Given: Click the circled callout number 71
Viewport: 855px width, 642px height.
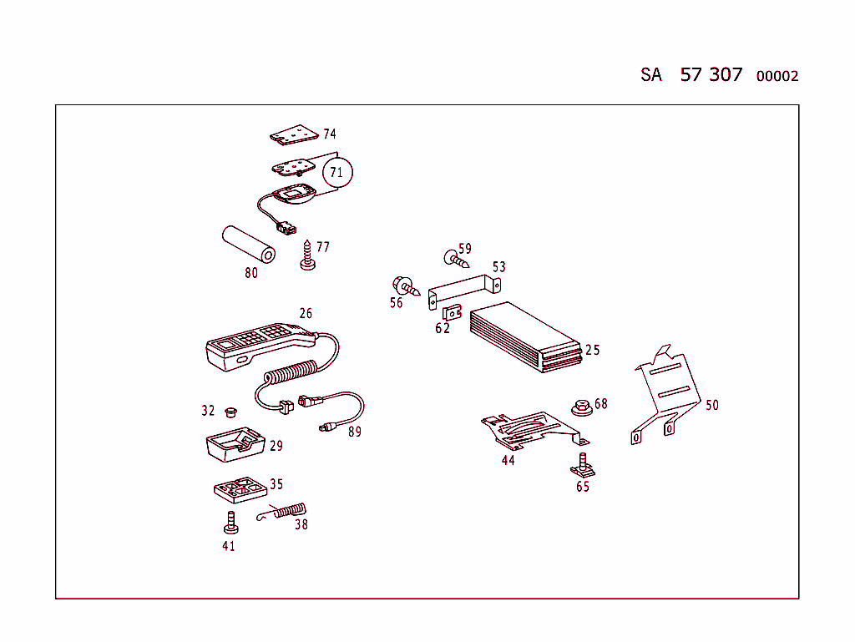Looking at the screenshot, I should click(x=336, y=173).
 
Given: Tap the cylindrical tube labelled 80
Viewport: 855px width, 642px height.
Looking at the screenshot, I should click(x=248, y=244).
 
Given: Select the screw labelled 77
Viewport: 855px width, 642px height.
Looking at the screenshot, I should click(x=308, y=256).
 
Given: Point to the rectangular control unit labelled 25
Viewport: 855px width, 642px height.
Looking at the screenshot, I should click(x=524, y=337).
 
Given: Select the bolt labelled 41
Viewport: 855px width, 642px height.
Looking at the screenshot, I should click(x=229, y=523).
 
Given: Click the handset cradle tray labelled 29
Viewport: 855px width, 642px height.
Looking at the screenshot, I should click(x=235, y=444).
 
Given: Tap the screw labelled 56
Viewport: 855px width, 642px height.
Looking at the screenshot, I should click(x=405, y=286).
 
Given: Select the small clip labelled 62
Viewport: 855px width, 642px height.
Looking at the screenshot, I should click(x=453, y=312).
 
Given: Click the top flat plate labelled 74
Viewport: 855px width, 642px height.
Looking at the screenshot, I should click(x=294, y=134).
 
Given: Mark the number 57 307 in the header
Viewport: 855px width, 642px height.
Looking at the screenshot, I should click(x=711, y=74).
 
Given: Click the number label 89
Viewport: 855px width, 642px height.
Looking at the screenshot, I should click(x=355, y=432).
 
